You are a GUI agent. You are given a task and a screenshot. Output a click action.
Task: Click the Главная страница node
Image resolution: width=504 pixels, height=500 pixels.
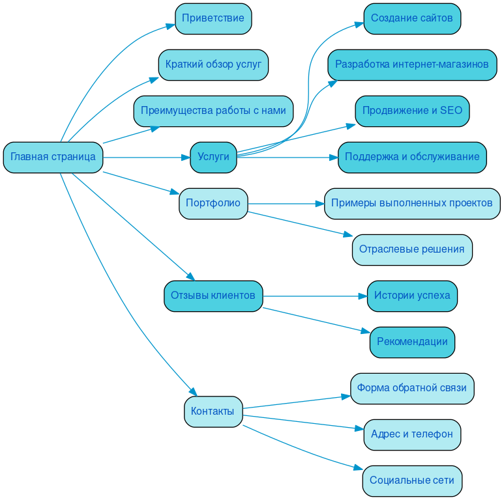(x=53, y=157)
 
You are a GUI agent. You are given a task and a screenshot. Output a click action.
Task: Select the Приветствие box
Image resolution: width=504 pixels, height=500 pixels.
(x=213, y=18)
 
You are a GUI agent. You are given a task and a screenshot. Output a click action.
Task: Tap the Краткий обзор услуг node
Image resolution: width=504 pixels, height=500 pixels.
(x=213, y=64)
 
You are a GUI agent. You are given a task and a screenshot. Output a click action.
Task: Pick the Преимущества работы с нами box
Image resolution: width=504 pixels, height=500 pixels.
(x=213, y=111)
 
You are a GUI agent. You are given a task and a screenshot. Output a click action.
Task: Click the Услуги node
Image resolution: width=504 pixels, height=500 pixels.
(x=213, y=157)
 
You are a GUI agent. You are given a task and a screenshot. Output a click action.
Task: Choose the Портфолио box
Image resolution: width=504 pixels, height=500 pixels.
(x=213, y=203)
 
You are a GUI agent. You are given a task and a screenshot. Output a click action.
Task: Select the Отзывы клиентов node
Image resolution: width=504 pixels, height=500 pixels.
(x=213, y=296)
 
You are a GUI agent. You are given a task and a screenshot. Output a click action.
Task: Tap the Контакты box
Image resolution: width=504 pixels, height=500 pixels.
(x=213, y=411)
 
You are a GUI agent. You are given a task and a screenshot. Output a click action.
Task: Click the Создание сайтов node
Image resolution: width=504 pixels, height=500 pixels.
(x=412, y=18)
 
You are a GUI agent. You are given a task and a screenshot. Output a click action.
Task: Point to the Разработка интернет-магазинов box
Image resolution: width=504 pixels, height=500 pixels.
(x=412, y=64)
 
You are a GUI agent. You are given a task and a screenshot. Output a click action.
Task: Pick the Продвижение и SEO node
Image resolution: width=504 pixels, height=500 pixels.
(x=412, y=111)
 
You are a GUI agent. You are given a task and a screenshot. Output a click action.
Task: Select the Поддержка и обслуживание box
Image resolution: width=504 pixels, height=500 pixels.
(x=412, y=157)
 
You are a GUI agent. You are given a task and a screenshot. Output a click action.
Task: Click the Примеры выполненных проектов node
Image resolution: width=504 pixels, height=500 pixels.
(x=412, y=203)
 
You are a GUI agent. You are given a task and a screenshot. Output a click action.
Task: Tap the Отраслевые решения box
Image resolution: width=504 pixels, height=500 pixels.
(x=412, y=249)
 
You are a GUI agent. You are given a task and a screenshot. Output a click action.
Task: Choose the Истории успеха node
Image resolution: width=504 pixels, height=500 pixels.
(x=412, y=296)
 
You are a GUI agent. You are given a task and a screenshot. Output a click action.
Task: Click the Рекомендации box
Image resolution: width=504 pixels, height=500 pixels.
(x=412, y=342)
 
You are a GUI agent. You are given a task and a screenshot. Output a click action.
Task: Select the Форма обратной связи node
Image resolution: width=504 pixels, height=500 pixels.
(x=412, y=388)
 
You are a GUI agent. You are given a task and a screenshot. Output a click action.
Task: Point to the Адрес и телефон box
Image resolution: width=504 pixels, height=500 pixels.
(x=412, y=434)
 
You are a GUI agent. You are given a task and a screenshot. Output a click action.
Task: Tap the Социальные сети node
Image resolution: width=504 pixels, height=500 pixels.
(x=412, y=480)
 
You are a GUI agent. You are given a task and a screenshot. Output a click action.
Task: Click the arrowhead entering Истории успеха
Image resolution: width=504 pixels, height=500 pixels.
(x=363, y=296)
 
